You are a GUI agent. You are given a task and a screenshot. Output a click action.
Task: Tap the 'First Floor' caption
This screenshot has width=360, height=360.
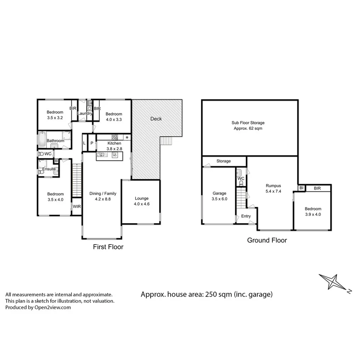coord(108,247)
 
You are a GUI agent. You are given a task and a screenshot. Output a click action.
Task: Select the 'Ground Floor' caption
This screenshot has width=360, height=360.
coord(267,240)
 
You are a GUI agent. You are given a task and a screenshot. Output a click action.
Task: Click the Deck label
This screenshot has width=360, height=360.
coord(156,119)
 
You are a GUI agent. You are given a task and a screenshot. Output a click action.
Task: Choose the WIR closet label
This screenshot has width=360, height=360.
coord(77,207)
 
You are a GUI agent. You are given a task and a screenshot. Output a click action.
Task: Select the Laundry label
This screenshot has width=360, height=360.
coord(85,114)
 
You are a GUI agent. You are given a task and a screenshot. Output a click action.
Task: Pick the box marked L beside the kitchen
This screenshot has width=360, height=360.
coord(85,143)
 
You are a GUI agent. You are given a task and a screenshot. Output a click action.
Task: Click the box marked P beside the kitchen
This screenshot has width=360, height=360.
coord(92,143)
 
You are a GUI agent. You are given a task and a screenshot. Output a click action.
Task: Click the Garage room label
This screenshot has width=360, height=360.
coord(219,194)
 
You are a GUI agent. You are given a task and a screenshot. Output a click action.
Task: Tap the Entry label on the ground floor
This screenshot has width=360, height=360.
coord(246,216)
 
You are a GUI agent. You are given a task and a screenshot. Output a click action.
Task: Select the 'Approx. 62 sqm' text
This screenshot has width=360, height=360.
coord(248,128)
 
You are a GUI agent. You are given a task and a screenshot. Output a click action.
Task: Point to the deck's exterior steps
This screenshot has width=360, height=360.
coord(166,141)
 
